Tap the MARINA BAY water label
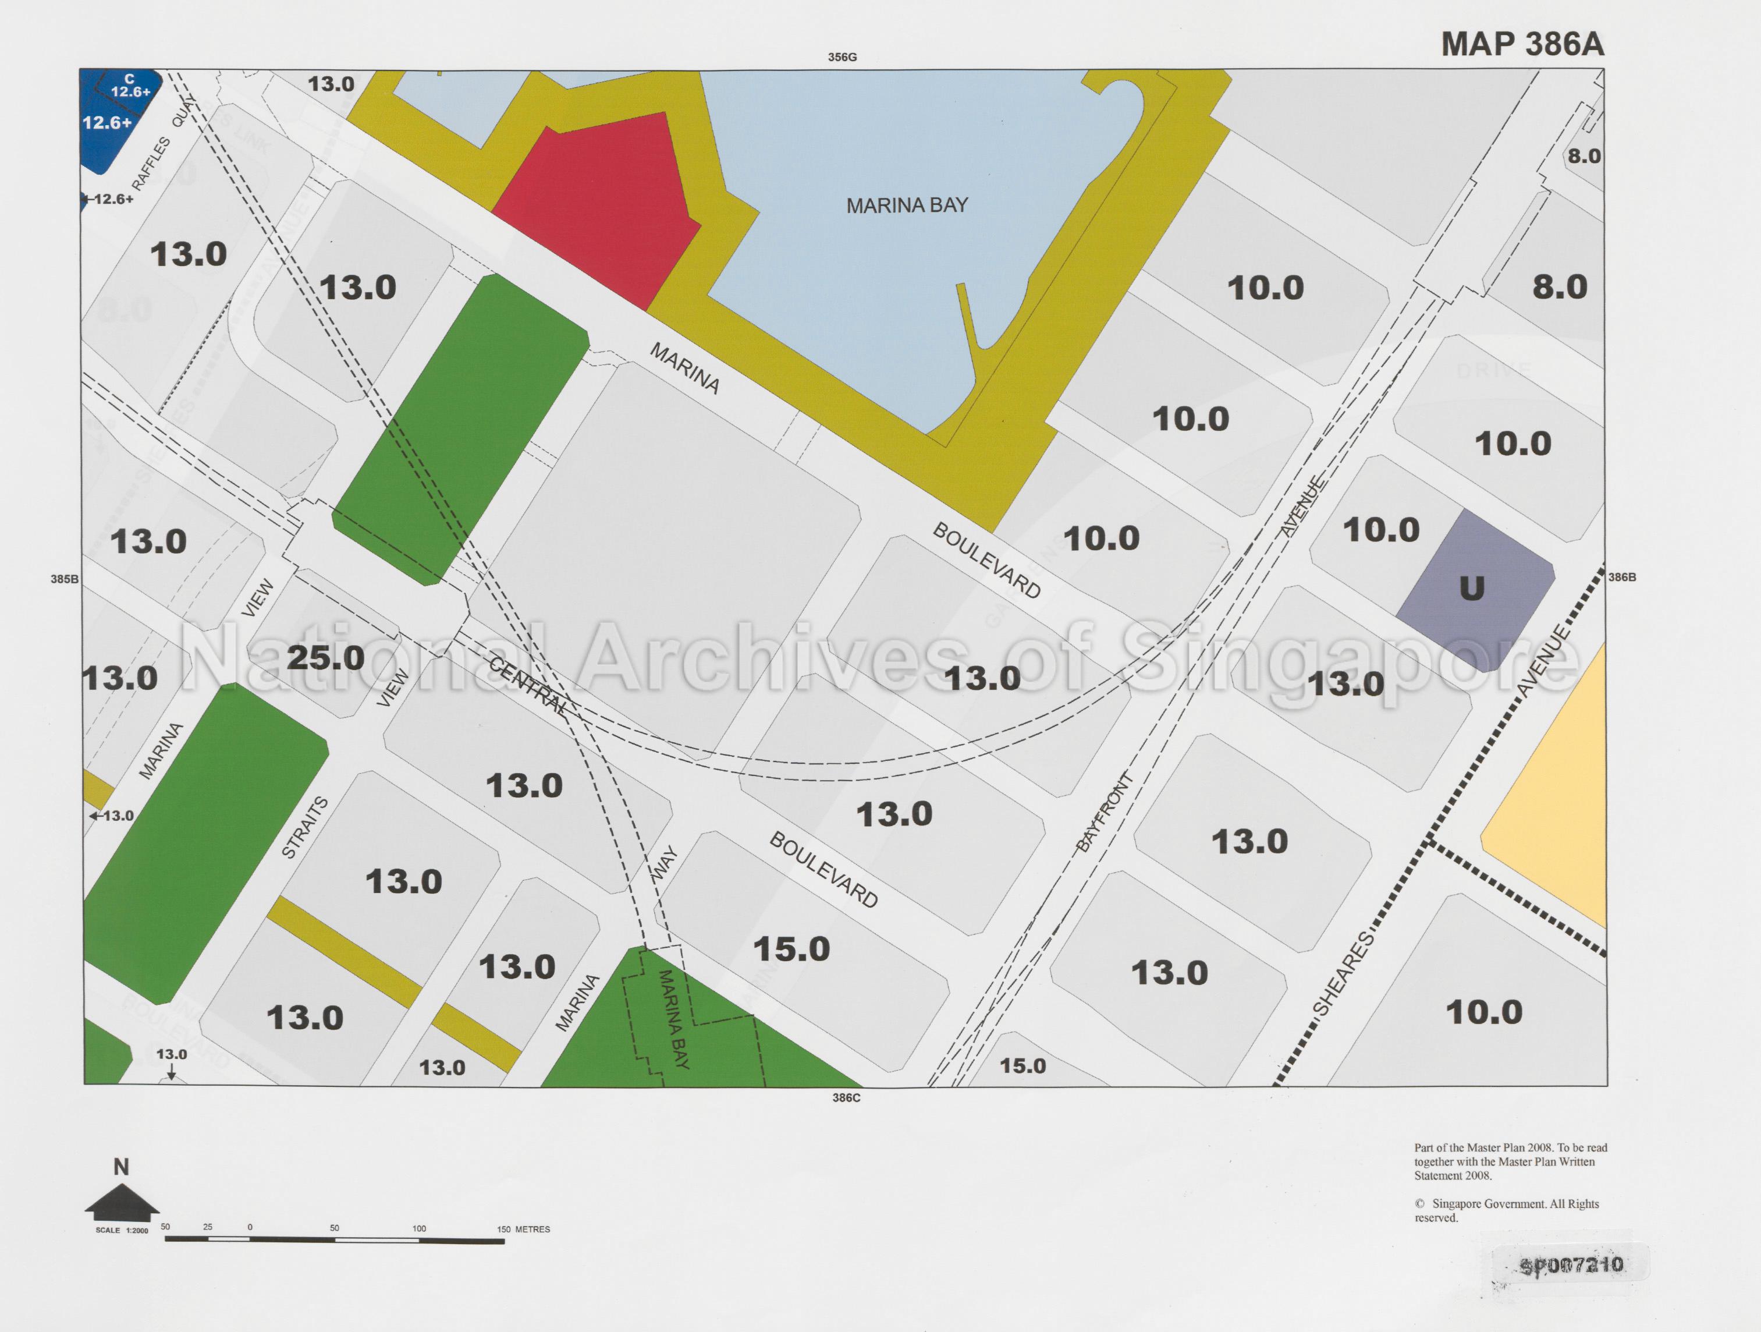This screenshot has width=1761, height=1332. point(906,206)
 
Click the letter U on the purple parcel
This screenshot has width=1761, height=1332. point(1471,589)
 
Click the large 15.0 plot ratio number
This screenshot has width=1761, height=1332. point(791,949)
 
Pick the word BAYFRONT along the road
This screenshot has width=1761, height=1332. point(1104,812)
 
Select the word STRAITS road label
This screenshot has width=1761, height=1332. point(305,827)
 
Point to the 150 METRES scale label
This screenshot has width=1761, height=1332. point(523,1230)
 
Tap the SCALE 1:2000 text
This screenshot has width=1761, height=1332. point(122,1230)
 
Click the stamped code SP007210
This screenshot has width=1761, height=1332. point(1571,1265)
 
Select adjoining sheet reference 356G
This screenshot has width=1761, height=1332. point(842,57)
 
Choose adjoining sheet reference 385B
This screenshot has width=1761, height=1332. point(65,579)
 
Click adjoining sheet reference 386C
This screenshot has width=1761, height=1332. point(846,1098)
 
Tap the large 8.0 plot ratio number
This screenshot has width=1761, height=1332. point(1560,286)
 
